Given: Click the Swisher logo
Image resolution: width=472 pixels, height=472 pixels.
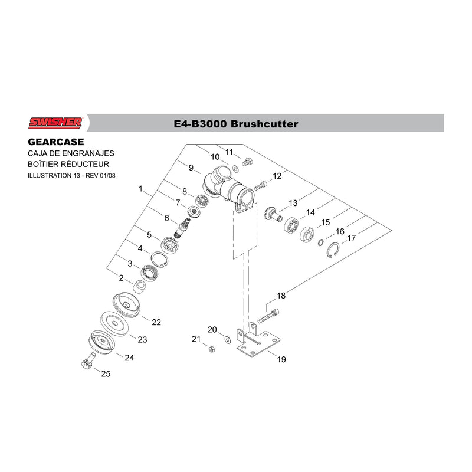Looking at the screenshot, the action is [55, 123].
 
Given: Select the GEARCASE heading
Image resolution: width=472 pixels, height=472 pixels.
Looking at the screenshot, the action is [56, 142].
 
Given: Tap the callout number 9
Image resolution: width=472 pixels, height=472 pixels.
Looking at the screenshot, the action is [191, 168].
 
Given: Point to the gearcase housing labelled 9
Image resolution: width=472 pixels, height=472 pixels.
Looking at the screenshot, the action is [229, 189].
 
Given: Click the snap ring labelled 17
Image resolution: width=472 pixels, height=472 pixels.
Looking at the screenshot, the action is [333, 250].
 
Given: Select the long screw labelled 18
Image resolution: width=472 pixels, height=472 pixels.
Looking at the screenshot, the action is [268, 316].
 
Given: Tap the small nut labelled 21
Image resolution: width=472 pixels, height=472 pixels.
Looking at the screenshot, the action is [211, 349].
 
